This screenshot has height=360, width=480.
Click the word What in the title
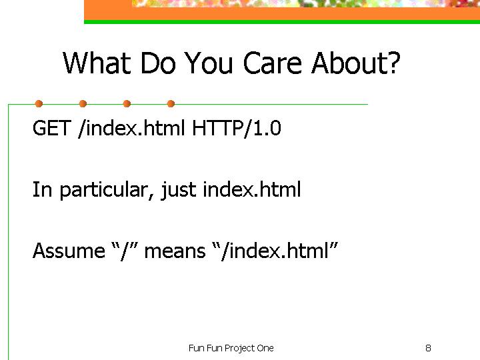point(97,63)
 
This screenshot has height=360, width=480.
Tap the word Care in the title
point(273,63)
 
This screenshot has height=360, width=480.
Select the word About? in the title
point(356,63)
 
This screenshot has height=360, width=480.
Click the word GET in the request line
point(52,128)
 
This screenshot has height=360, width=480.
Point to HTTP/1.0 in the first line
point(236,128)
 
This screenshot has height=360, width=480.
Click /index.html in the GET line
point(131,128)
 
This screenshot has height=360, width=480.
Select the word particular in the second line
point(104,190)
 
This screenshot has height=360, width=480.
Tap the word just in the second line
point(179,190)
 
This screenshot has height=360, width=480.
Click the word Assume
point(69,251)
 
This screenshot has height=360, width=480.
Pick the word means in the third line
point(175,251)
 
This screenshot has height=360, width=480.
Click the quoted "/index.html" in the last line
point(275,251)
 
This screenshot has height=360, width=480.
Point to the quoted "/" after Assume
point(125,251)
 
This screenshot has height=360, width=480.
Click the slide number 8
point(428,348)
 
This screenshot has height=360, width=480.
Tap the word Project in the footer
point(240,349)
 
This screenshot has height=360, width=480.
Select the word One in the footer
point(265,348)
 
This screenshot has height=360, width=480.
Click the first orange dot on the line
point(39,104)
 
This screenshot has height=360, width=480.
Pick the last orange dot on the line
point(171,104)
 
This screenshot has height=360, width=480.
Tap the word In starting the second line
point(42,189)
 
